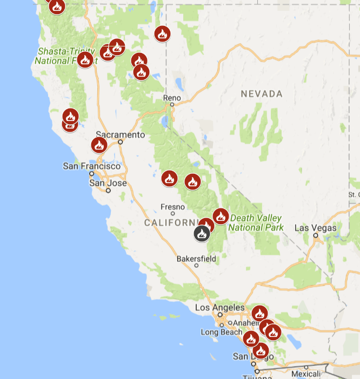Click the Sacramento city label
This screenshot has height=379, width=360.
121,134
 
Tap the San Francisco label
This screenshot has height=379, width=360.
92,166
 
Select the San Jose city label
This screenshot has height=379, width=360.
108,183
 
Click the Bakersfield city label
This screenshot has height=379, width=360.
196,259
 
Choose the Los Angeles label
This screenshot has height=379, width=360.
219,308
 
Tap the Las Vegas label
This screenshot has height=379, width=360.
315,228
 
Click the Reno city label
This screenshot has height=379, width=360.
172,98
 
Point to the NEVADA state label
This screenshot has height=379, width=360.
262,94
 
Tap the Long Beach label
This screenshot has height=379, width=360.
222,332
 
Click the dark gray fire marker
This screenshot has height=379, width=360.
202,234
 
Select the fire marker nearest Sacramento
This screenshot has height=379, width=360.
99,145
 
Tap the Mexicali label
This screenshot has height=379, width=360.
306,374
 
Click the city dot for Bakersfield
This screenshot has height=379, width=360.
196,265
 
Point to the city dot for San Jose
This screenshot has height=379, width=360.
108,190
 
